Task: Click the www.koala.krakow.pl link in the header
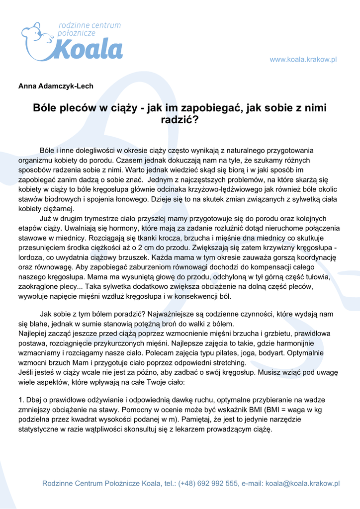pyautogui.click(x=303, y=60)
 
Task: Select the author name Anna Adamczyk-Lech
pyautogui.click(x=56, y=86)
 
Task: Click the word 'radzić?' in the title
pyautogui.click(x=180, y=119)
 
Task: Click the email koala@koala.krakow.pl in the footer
pyautogui.click(x=302, y=483)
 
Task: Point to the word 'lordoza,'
pyautogui.click(x=32, y=257)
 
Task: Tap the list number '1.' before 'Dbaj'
pyautogui.click(x=21, y=400)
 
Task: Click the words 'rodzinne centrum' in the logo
pyautogui.click(x=90, y=25)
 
